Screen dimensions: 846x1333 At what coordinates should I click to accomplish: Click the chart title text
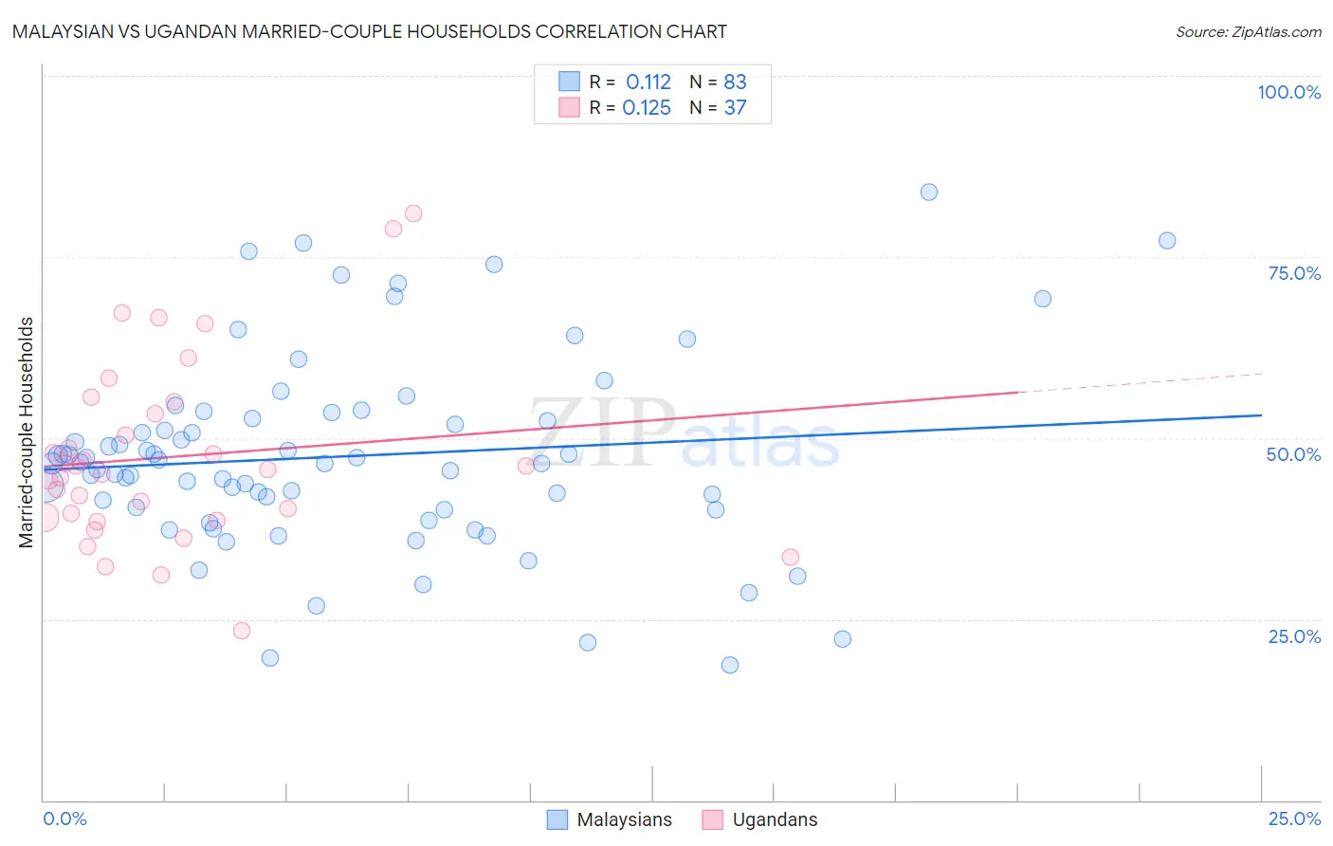(x=370, y=31)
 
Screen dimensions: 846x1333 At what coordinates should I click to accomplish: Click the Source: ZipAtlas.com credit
(x=1248, y=31)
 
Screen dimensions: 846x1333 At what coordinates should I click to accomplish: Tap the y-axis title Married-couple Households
(x=27, y=432)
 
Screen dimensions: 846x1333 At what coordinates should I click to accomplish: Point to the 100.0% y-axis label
(x=1288, y=92)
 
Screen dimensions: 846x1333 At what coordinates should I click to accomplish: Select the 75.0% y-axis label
(x=1294, y=273)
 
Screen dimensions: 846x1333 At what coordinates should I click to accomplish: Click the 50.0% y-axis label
(x=1293, y=454)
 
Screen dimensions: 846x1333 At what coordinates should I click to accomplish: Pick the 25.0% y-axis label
(x=1294, y=635)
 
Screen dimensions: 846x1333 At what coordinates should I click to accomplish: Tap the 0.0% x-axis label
(x=64, y=818)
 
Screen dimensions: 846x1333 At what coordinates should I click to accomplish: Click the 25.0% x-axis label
(x=1294, y=818)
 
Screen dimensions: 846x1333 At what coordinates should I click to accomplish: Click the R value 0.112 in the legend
(x=648, y=83)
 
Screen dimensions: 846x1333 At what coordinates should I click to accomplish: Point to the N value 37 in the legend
(x=736, y=108)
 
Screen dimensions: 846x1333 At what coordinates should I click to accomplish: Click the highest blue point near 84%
(x=929, y=193)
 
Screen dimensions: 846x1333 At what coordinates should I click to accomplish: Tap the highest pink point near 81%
(x=413, y=213)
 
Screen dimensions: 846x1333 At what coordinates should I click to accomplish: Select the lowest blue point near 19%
(x=730, y=665)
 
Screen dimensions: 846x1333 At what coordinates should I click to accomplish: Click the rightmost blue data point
(x=1167, y=241)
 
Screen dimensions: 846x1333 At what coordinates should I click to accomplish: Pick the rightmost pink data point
(x=791, y=558)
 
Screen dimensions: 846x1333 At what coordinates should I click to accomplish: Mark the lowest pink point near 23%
(x=242, y=631)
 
